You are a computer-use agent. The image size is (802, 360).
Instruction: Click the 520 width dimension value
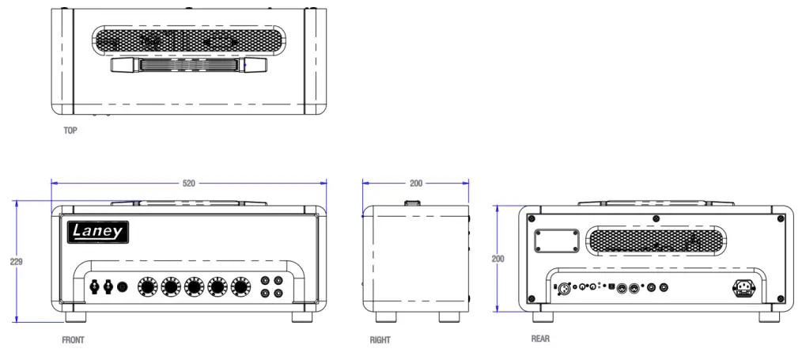(x=188, y=183)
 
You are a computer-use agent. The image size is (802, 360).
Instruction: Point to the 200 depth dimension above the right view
(x=416, y=183)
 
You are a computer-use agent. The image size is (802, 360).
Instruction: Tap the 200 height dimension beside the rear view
(x=497, y=259)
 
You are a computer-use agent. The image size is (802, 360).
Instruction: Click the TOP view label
(x=70, y=131)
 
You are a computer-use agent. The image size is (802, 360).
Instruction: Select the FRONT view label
(x=73, y=340)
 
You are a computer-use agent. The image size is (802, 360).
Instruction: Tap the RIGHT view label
(x=380, y=340)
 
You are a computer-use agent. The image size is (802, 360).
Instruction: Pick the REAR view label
(x=540, y=339)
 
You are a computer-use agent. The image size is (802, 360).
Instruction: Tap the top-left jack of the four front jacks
(x=266, y=280)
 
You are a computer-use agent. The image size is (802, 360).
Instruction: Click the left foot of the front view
(x=75, y=316)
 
